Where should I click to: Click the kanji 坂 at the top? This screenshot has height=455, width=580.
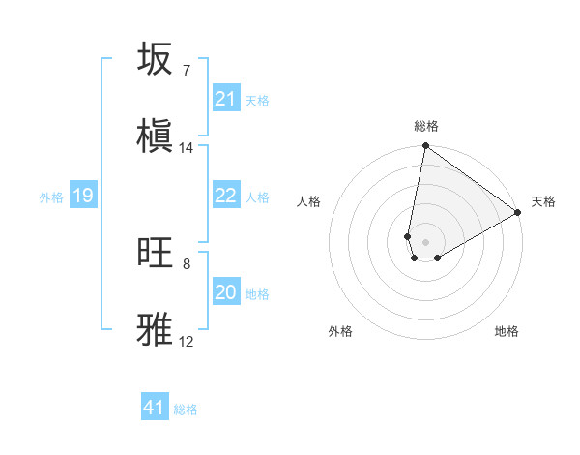pyautogui.click(x=155, y=59)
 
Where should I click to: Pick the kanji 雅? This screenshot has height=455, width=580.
pyautogui.click(x=155, y=328)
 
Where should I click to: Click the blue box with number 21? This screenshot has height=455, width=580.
pyautogui.click(x=226, y=98)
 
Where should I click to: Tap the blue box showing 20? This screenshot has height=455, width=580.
pyautogui.click(x=226, y=291)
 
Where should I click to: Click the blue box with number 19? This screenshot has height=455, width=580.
pyautogui.click(x=83, y=196)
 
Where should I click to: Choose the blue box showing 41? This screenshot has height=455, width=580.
pyautogui.click(x=155, y=408)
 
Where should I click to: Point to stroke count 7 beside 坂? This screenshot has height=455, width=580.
pyautogui.click(x=186, y=71)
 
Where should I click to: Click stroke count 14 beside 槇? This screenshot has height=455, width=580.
pyautogui.click(x=187, y=148)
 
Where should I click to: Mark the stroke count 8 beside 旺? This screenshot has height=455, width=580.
pyautogui.click(x=186, y=263)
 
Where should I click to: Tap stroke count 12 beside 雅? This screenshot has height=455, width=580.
pyautogui.click(x=187, y=341)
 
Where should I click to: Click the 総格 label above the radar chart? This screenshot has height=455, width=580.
pyautogui.click(x=425, y=126)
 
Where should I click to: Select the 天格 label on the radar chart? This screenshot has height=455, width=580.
pyautogui.click(x=543, y=201)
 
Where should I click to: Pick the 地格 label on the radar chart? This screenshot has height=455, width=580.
pyautogui.click(x=507, y=331)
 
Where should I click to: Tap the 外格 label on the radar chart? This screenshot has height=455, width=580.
pyautogui.click(x=340, y=331)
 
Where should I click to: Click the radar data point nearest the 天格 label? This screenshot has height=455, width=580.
pyautogui.click(x=518, y=213)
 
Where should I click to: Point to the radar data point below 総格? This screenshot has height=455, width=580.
pyautogui.click(x=425, y=147)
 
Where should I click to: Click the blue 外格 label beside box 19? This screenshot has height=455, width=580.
pyautogui.click(x=51, y=197)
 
